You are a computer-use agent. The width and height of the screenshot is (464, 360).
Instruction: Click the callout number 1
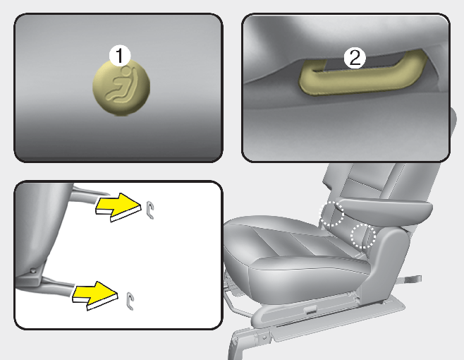tap(120, 55)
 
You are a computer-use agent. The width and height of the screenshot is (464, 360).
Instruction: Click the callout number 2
tap(355, 58)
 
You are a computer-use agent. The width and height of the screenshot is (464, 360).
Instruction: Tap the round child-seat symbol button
tap(121, 88)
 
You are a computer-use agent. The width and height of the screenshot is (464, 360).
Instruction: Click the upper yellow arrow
tap(118, 207)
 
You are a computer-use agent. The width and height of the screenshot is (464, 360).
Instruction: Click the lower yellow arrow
tap(95, 295)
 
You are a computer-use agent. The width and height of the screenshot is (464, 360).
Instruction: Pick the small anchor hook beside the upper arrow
tap(151, 210)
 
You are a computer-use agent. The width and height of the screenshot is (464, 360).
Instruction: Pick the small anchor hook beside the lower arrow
tap(130, 301)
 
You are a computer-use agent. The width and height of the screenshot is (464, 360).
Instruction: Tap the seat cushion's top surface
tap(284, 237)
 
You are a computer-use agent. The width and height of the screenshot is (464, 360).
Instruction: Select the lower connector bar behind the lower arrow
tap(58, 284)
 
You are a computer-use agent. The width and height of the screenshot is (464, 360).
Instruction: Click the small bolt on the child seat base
tap(33, 270)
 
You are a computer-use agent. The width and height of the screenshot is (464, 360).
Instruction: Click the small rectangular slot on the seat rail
tap(310, 311)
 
